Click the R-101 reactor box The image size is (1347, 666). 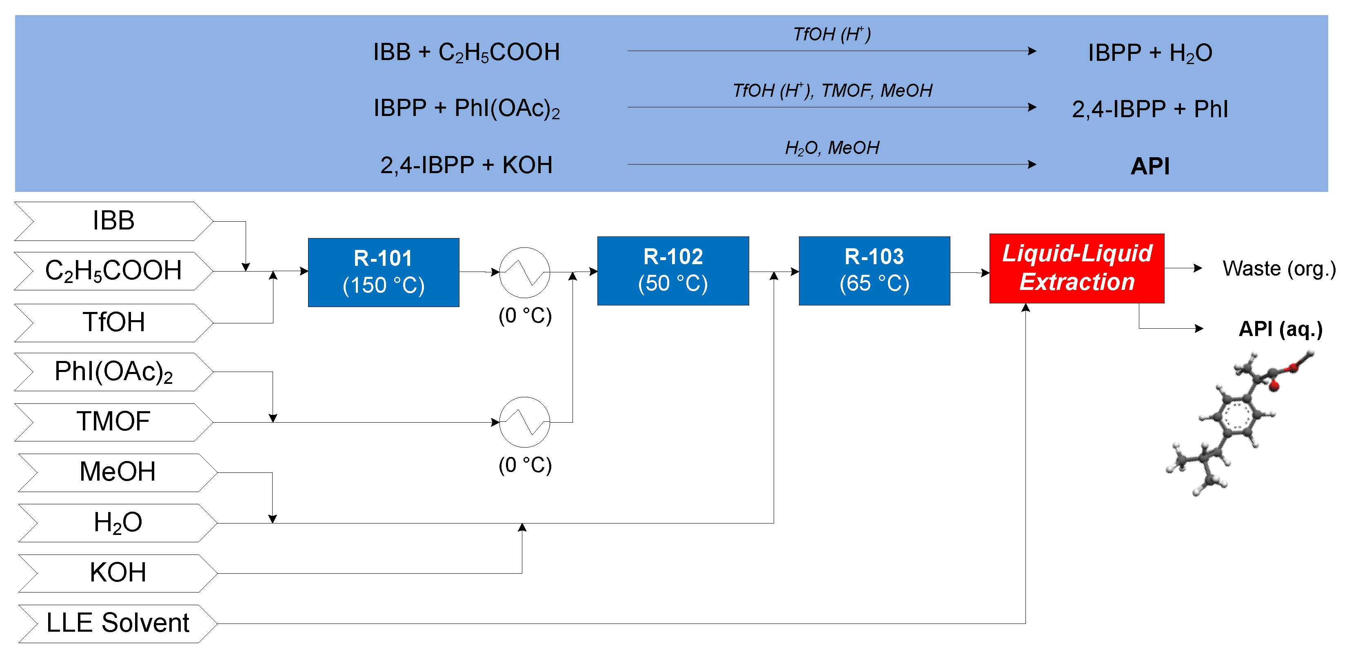tap(383, 272)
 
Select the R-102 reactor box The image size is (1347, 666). tap(672, 270)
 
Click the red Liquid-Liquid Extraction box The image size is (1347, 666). tap(1076, 268)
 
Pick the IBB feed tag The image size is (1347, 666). tap(113, 221)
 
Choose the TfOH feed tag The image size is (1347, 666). tap(113, 322)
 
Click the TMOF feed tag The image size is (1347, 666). tap(113, 422)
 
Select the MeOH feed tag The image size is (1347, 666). tap(117, 472)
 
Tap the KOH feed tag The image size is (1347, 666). tap(117, 573)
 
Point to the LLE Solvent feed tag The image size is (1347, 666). tap(117, 623)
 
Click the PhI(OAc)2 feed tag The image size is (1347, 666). tap(113, 372)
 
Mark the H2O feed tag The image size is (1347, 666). tap(117, 523)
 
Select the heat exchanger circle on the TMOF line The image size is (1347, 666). tap(524, 422)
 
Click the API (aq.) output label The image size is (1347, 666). tap(1280, 329)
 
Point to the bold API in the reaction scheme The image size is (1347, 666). tap(1149, 166)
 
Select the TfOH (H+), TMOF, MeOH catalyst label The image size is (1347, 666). tap(832, 91)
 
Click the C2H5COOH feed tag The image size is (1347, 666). tap(113, 271)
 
